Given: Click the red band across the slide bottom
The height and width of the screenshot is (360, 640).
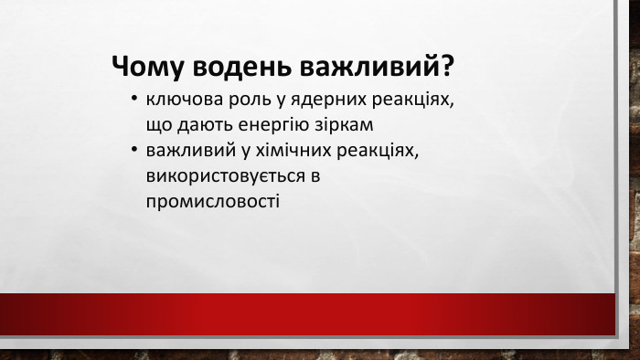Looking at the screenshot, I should (320, 316).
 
